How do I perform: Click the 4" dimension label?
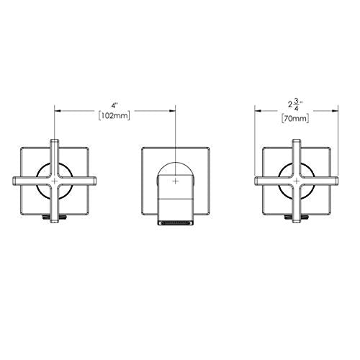point(115,105)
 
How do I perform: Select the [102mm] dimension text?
point(114,116)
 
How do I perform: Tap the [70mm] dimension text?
point(295,119)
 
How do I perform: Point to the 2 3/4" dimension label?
point(295,105)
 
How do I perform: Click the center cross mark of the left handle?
point(55,181)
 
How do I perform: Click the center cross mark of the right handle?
point(297,181)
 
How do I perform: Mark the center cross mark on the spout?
point(176,181)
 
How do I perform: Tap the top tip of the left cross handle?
point(55,140)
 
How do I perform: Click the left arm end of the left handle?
point(12,181)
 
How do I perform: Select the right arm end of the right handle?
point(338,181)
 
